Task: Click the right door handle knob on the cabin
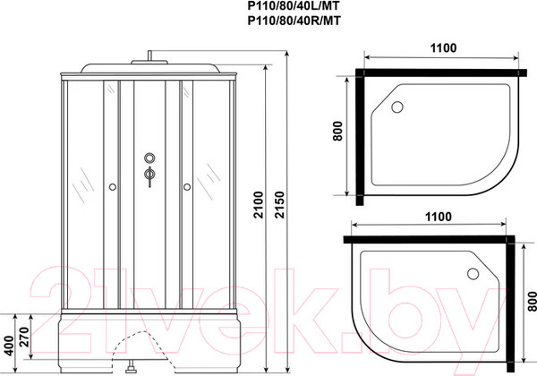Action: coord(188,187)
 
